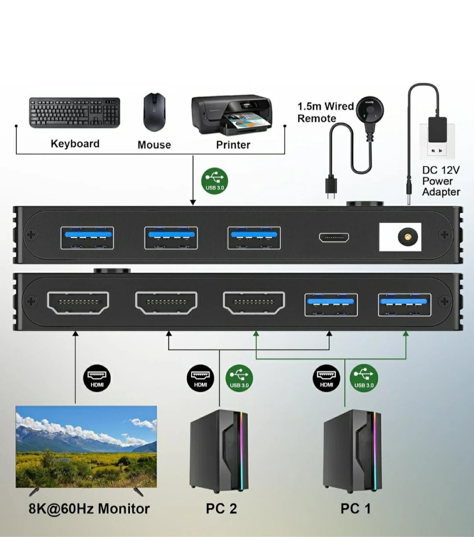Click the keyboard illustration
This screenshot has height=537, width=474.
pos(75,113)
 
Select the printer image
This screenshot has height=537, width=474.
pos(232,114)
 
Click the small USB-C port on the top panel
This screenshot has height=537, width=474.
pos(334,237)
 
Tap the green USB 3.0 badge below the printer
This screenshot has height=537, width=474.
pos(215,181)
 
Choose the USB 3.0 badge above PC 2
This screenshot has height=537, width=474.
pos(239,379)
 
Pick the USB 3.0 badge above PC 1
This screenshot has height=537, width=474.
pos(364,379)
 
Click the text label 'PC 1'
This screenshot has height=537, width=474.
pos(355,509)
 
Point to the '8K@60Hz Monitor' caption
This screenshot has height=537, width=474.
pos(89,509)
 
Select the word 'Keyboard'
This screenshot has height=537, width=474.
pos(75,144)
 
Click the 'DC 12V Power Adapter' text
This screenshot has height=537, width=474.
pos(441,181)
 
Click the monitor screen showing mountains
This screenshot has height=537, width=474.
pos(86,446)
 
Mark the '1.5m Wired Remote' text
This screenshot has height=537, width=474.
pos(325,112)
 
